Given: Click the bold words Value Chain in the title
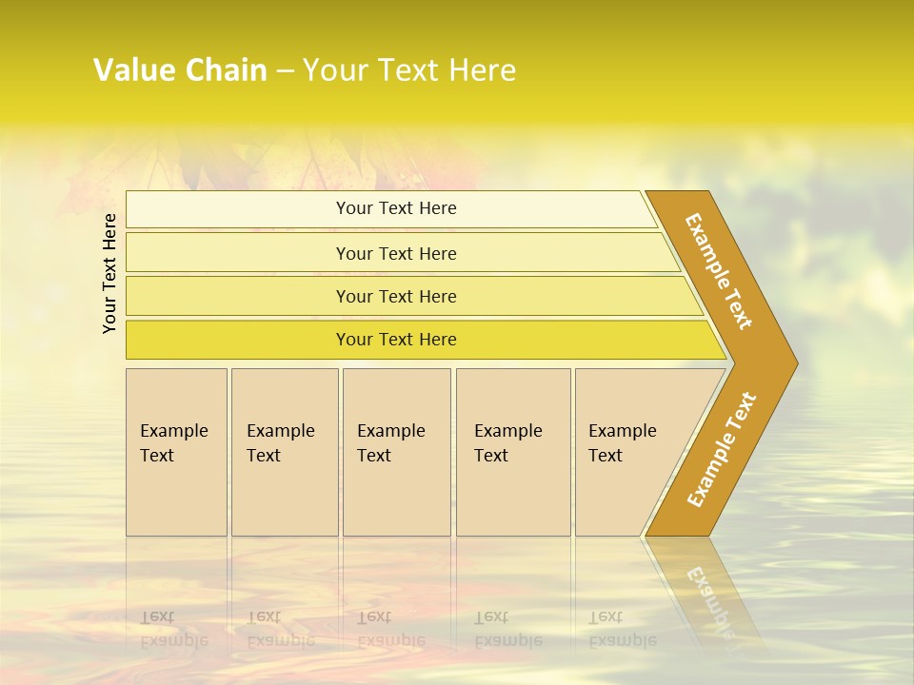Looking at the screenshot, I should [x=180, y=70].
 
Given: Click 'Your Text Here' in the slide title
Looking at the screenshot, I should [x=409, y=70].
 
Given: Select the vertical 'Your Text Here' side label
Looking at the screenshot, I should [x=109, y=273].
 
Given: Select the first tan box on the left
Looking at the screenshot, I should [x=176, y=495].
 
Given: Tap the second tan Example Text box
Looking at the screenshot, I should [x=284, y=495].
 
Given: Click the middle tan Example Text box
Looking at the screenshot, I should [x=396, y=495].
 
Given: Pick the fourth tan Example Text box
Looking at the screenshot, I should [x=513, y=495].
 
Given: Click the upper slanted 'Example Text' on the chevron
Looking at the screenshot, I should [x=719, y=271].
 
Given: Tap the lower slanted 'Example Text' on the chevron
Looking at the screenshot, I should [x=722, y=450].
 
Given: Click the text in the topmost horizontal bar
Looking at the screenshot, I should [x=396, y=208].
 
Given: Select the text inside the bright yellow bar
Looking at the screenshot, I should [x=396, y=340].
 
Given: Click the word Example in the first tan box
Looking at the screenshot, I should [x=173, y=431].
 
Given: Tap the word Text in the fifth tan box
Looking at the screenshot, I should [x=606, y=456].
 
